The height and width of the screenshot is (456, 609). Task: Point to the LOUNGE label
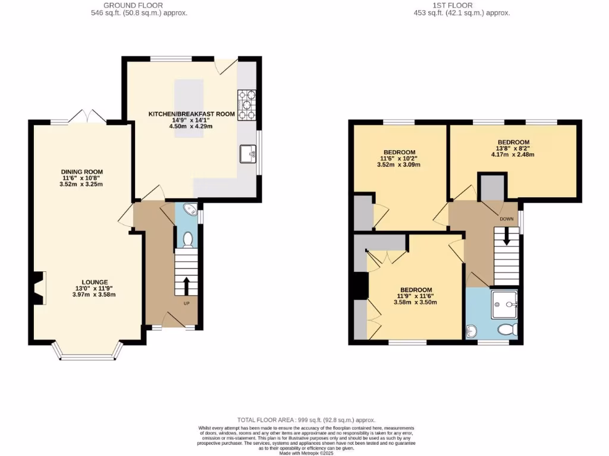pyautogui.click(x=95, y=282)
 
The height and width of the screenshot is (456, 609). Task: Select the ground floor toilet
pyautogui.click(x=188, y=239)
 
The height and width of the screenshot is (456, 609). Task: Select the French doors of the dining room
pyautogui.click(x=87, y=118)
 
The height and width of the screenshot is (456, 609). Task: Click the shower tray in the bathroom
pyautogui.click(x=504, y=304)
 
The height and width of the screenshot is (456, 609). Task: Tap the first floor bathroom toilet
pyautogui.click(x=506, y=330)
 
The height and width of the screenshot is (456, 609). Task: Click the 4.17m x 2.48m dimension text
pyautogui.click(x=512, y=155)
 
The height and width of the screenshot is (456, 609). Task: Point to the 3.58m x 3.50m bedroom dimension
pyautogui.click(x=415, y=302)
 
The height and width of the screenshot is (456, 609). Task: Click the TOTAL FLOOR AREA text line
pyautogui.click(x=306, y=420)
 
